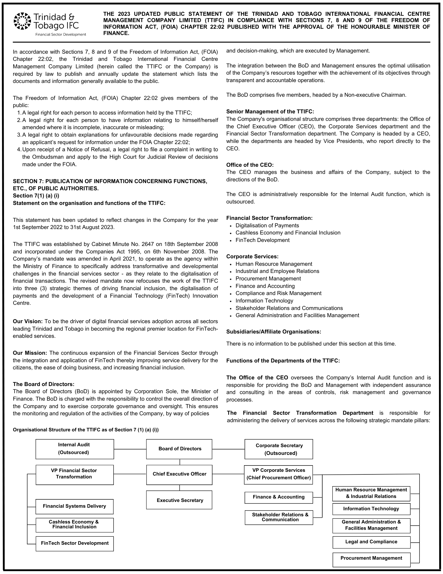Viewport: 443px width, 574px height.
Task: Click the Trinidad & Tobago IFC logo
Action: pos(50,24)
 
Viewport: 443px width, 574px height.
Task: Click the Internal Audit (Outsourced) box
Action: pos(75,449)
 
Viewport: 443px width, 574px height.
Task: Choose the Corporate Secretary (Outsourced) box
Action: pos(279,449)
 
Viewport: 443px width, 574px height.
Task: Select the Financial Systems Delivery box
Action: pos(75,506)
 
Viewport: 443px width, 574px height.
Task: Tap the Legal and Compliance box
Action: pos(371,542)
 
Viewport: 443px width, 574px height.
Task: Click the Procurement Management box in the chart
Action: pos(371,558)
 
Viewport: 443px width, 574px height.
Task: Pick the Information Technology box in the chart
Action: pos(371,509)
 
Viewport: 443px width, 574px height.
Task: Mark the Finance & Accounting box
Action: pos(279,497)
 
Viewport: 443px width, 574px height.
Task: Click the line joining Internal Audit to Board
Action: pos(130,449)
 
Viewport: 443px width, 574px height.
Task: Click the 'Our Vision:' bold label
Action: pos(28,321)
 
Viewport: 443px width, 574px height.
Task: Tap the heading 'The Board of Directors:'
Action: pos(44,384)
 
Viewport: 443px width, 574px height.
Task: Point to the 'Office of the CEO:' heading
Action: pos(250,165)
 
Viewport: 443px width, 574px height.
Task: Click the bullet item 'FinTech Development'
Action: pos(262,240)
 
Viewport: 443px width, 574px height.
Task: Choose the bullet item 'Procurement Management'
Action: pos(268,279)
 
